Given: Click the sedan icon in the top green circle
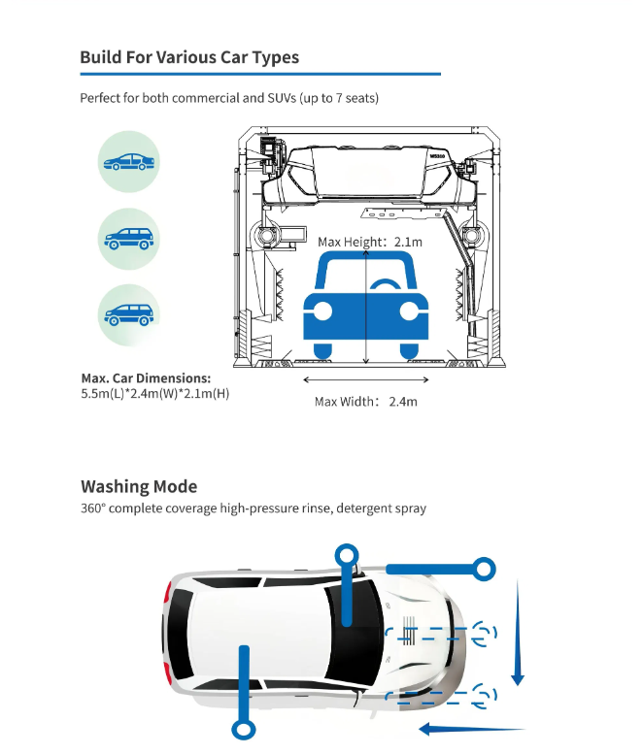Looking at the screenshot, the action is [x=129, y=161].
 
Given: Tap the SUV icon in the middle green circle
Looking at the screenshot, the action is [x=129, y=239].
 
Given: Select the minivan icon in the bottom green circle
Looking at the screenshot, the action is [x=129, y=315].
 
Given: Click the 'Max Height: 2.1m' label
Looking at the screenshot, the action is [x=370, y=242].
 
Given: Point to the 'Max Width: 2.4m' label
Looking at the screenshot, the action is [x=366, y=402].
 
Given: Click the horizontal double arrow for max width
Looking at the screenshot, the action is [x=366, y=379].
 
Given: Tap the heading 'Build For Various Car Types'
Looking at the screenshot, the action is [x=189, y=57].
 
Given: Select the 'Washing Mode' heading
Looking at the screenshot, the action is [x=139, y=486].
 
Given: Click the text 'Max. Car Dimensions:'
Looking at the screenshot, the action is [x=146, y=377].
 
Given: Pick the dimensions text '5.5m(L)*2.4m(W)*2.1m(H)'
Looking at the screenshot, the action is [x=155, y=393].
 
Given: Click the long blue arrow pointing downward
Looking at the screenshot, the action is [x=518, y=633].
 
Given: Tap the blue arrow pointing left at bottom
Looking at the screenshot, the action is [x=472, y=729].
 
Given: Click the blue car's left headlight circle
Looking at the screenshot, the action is [x=321, y=311].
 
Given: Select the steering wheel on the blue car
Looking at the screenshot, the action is [x=386, y=284].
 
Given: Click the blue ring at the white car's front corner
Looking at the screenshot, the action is [x=483, y=570].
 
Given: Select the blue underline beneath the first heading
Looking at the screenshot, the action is [x=260, y=74].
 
